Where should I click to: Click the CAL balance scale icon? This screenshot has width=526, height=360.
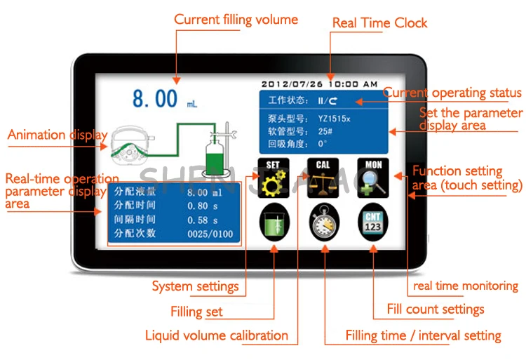pos(323,178)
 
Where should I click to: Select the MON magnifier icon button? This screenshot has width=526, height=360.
pos(372,178)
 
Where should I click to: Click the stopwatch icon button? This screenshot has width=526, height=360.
pos(323,222)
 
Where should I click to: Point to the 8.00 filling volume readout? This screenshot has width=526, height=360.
pos(155,99)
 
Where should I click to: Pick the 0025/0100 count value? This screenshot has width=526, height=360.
pos(210,234)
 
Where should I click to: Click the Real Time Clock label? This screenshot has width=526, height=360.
pos(379,23)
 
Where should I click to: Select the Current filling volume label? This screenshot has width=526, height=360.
pos(236,20)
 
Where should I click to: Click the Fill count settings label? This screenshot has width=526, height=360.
pos(436,309)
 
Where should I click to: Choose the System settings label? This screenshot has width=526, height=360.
pos(195,286)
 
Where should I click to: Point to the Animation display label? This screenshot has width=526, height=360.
pos(58,135)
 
